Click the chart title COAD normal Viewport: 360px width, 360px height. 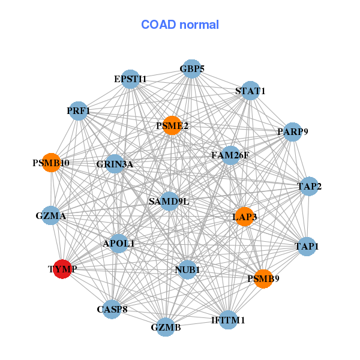[x=179, y=25]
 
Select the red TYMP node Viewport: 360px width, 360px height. [x=62, y=269]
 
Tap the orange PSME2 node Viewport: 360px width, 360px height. [x=172, y=125]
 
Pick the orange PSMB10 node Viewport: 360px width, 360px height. [x=51, y=163]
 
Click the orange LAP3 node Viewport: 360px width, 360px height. [x=245, y=216]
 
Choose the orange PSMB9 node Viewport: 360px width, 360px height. [x=263, y=278]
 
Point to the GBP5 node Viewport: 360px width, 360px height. [x=191, y=69]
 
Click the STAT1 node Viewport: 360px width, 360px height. [x=250, y=91]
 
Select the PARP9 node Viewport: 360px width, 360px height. [x=292, y=131]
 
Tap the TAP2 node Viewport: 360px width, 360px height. [x=309, y=187]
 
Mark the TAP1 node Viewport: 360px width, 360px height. [x=307, y=246]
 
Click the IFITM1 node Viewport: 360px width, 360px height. [x=229, y=320]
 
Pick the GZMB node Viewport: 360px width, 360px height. [x=166, y=327]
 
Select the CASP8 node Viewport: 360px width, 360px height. [x=112, y=310]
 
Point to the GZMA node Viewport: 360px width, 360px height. [x=51, y=215]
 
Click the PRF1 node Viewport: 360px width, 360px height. [x=79, y=110]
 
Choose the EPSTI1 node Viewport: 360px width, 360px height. [x=130, y=79]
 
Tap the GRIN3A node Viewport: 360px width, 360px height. [x=115, y=164]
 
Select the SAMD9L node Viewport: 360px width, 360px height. [x=169, y=201]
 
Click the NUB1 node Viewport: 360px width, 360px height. [x=187, y=270]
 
